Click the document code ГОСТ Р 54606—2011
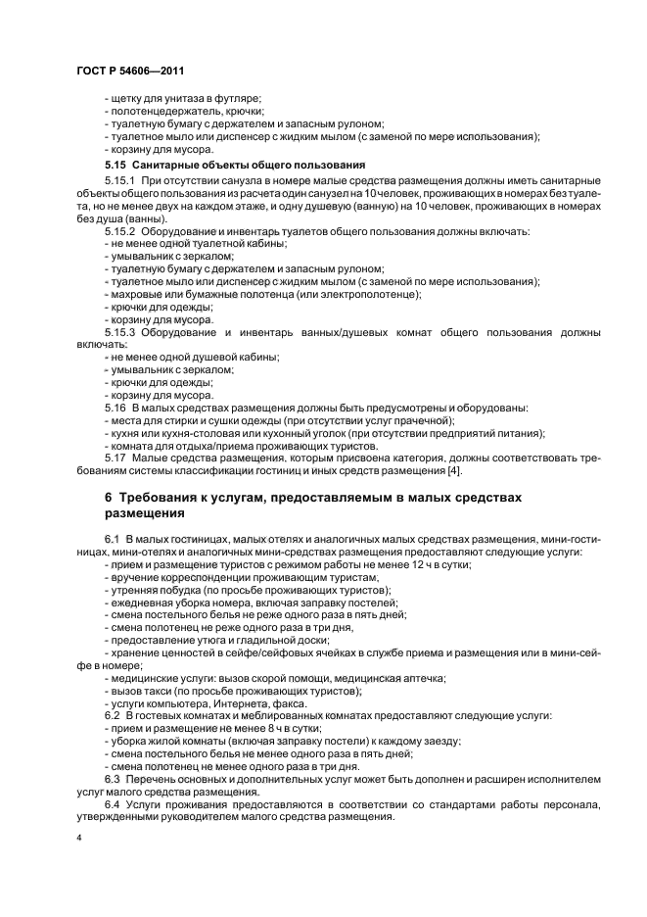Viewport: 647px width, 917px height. (130, 71)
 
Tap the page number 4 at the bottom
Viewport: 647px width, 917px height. (79, 839)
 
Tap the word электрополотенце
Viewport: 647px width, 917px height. (375, 294)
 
